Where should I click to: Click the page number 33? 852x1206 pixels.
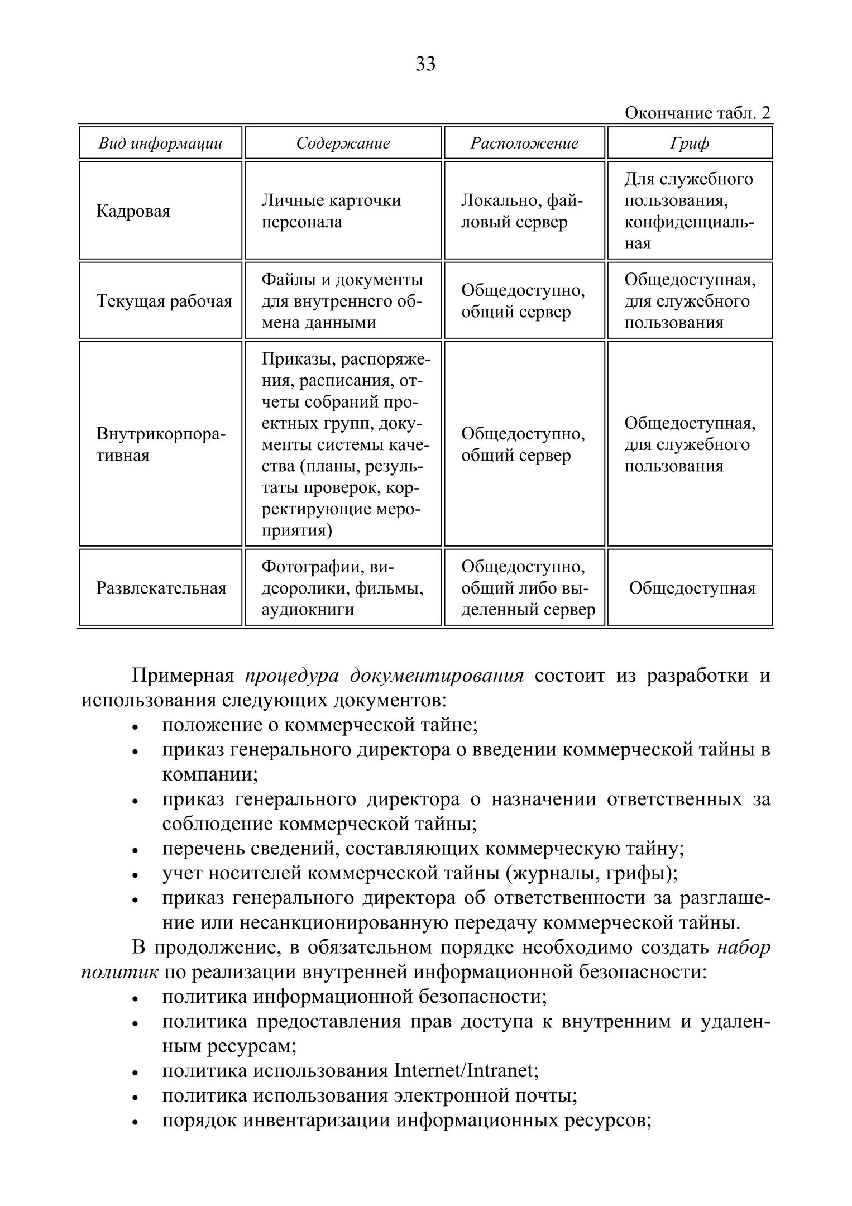425,64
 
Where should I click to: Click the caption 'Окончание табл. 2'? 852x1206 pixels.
697,113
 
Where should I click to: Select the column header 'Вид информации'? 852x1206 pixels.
160,143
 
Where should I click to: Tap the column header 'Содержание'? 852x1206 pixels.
343,143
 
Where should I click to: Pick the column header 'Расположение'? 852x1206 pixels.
524,143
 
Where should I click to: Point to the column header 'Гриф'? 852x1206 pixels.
690,143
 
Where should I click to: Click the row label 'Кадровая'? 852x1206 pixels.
133,211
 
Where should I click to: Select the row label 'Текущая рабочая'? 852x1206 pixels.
164,301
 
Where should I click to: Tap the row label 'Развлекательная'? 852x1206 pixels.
161,588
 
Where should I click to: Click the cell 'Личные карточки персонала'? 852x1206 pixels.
331,211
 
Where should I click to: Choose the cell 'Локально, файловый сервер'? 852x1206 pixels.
521,211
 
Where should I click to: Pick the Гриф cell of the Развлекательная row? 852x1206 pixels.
692,588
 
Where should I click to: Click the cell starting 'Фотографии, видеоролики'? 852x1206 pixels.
342,588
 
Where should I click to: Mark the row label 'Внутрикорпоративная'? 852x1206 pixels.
161,444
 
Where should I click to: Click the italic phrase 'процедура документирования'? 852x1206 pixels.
384,676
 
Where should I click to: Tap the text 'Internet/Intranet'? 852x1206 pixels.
466,1071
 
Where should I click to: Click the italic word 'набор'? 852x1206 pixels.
744,948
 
